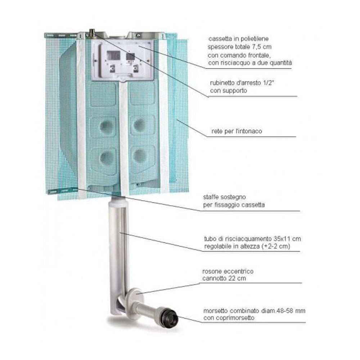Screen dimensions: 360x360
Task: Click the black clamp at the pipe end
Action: (169, 317)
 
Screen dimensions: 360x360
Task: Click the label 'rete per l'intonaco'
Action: (237, 131)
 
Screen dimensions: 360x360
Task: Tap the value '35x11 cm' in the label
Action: (287, 239)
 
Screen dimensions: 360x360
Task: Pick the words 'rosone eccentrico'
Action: (228, 271)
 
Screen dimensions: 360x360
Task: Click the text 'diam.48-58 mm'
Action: (283, 311)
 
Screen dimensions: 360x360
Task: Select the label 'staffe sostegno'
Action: (225, 197)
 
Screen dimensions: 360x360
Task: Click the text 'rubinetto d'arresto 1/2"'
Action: (242, 83)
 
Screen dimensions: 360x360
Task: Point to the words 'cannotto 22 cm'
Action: (224, 279)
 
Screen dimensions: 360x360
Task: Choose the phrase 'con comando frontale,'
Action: (239, 55)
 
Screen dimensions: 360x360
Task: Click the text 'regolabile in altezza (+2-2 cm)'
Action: (247, 246)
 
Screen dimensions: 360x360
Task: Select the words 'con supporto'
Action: (229, 91)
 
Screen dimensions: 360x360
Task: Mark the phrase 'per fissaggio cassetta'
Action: (234, 205)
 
